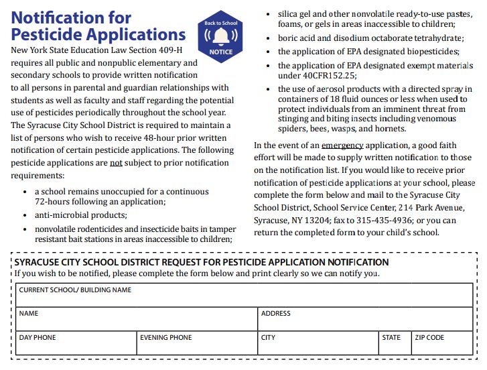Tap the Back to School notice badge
point(221,38)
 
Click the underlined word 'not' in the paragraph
point(116,163)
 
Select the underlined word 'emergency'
point(342,145)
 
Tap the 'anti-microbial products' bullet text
point(80,215)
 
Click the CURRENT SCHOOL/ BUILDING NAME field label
point(75,290)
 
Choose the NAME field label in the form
point(29,314)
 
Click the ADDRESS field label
point(276,314)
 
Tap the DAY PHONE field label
point(38,338)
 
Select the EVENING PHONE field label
point(165,338)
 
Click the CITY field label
point(268,338)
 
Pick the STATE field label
point(391,338)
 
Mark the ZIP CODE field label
point(429,338)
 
